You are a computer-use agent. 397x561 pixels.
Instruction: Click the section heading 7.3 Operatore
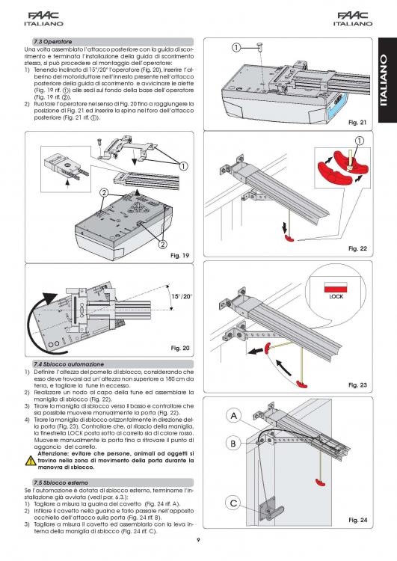(x=53, y=41)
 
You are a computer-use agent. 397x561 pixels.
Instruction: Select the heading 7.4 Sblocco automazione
(x=69, y=364)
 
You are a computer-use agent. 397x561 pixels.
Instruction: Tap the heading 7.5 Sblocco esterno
(x=61, y=482)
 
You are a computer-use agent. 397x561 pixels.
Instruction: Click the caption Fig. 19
(x=179, y=256)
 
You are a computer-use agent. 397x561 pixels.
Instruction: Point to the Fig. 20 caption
(x=180, y=348)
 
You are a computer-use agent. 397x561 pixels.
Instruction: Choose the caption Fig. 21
(x=357, y=123)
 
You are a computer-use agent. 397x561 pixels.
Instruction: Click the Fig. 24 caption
(x=358, y=520)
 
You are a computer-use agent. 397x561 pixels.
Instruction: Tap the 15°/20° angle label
(x=182, y=297)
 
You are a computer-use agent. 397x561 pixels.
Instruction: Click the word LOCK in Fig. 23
(x=336, y=297)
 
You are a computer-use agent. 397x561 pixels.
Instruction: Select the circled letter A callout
(x=233, y=416)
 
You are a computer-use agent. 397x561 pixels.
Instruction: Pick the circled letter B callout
(x=233, y=444)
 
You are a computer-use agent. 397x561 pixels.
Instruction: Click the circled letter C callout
(x=233, y=503)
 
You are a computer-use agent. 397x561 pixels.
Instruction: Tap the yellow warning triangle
(x=31, y=462)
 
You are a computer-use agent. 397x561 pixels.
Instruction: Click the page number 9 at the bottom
(x=199, y=540)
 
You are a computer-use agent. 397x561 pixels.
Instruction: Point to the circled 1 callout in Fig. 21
(x=236, y=47)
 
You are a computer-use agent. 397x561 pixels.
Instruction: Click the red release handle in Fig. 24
(x=321, y=482)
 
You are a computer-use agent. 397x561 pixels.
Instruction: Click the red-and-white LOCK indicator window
(x=336, y=287)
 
